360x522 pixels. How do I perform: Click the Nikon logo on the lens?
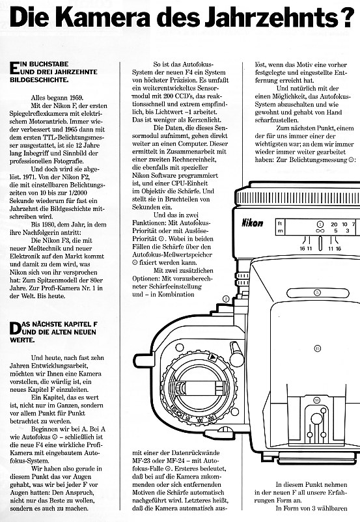[x=252, y=223]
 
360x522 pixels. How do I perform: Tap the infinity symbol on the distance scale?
[x=320, y=230]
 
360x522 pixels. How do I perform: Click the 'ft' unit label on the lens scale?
[x=280, y=224]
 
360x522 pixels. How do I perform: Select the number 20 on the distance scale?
[x=334, y=225]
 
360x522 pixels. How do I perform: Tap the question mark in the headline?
[x=350, y=18]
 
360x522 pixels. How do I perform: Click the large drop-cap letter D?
[x=15, y=328]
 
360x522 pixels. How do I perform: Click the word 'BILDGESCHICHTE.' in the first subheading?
[x=39, y=80]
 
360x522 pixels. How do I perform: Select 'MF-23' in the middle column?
[x=141, y=461]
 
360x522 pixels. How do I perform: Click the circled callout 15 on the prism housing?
[x=317, y=349]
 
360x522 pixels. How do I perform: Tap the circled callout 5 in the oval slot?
[x=317, y=293]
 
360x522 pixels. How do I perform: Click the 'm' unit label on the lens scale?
[x=280, y=230]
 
